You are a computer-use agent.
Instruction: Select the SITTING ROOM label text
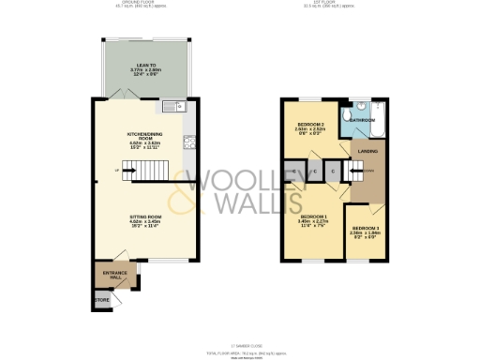[145, 219]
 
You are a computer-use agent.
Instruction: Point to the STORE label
[101, 301]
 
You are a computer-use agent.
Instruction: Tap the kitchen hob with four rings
[187, 143]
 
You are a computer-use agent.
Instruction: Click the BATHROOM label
[363, 121]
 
